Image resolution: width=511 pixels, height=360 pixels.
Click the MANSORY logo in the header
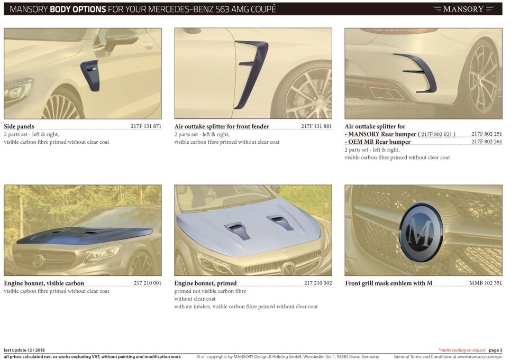[464, 8]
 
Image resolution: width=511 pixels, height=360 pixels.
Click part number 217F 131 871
[146, 126]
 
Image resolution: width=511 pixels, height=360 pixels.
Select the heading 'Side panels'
[19, 127]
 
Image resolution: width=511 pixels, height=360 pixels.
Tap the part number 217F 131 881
[316, 126]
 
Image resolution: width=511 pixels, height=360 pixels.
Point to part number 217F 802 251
[487, 134]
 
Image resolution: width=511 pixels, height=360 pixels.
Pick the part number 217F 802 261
[487, 142]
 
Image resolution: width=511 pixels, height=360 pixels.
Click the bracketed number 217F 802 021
[437, 135]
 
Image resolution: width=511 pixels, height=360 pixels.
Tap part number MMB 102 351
[486, 283]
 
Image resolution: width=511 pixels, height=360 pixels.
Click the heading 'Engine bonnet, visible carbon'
[44, 283]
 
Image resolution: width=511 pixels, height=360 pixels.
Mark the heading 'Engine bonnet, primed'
[206, 283]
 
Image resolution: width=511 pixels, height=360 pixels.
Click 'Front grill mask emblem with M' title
[389, 283]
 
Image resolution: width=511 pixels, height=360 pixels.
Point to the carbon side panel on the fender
[90, 75]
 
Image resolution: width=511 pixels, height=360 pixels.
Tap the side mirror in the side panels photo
[120, 39]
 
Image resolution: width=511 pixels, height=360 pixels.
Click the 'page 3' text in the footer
[495, 350]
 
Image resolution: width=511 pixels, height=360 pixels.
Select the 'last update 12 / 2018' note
[24, 350]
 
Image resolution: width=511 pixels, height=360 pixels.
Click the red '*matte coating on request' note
[462, 350]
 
